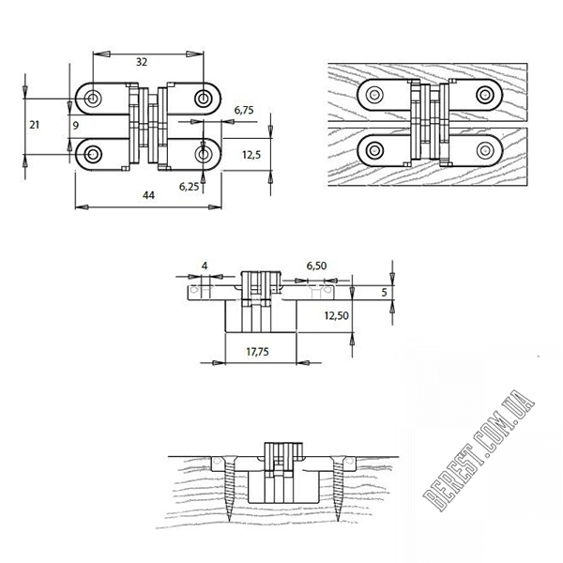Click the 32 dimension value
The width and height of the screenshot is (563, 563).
click(x=142, y=62)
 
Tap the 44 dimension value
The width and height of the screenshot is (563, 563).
click(x=148, y=195)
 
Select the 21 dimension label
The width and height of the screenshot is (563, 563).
click(x=34, y=125)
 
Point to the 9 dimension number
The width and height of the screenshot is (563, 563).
click(x=75, y=126)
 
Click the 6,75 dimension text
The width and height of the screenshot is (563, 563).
click(x=244, y=110)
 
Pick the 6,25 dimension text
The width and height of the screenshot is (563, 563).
click(x=189, y=187)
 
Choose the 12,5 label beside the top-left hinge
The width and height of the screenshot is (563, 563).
click(x=251, y=155)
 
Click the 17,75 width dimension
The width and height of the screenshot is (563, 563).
click(x=257, y=352)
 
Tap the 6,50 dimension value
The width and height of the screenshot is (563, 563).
click(x=316, y=266)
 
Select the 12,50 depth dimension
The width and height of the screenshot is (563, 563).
click(x=337, y=315)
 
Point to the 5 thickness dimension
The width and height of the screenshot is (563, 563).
click(x=384, y=292)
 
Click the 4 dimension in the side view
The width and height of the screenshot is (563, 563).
click(x=205, y=266)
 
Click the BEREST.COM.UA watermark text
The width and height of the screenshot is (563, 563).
click(x=479, y=450)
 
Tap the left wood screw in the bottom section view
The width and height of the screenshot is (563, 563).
click(x=230, y=489)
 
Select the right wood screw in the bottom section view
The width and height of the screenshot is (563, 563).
click(x=338, y=489)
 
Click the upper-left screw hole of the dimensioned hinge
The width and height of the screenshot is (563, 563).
click(x=93, y=99)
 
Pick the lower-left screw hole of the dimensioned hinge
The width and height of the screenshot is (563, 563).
click(x=93, y=155)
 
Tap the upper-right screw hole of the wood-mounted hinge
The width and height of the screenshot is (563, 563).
click(x=485, y=95)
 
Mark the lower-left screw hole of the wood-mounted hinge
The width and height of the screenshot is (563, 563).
click(x=374, y=150)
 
